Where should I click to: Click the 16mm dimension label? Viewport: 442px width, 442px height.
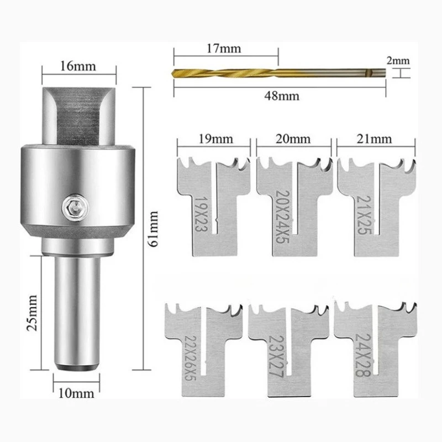[78, 67]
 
